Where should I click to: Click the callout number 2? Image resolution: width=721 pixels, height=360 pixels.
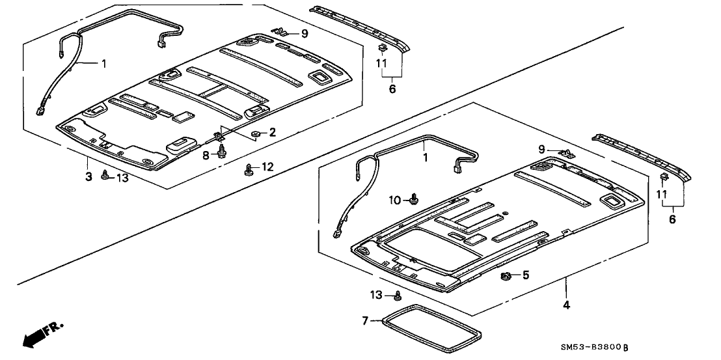click(x=273, y=132)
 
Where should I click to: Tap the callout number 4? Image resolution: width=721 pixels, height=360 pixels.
click(x=566, y=305)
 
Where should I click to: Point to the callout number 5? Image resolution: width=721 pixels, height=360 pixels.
click(x=525, y=276)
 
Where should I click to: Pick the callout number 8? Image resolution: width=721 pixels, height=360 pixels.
click(x=206, y=154)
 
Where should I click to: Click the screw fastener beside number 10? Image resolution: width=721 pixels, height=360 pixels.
click(x=413, y=199)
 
